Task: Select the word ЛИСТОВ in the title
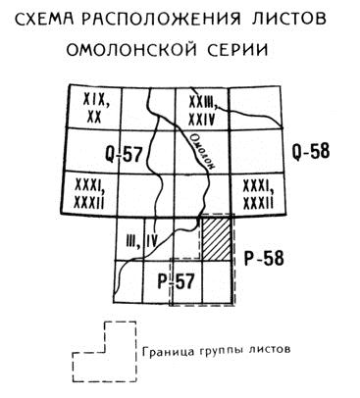[x=289, y=19]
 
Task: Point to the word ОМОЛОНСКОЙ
[x=131, y=50]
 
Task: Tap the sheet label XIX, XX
[x=95, y=109]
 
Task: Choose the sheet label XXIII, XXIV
[x=202, y=112]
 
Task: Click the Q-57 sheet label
[x=125, y=154]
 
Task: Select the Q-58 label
[x=311, y=151]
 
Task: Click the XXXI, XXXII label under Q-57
[x=89, y=194]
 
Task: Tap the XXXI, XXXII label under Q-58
[x=258, y=194]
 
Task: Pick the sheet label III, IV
[x=142, y=242]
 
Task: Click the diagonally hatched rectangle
[x=217, y=238]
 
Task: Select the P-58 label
[x=264, y=259]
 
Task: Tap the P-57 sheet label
[x=176, y=281]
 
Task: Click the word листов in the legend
[x=270, y=350]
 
